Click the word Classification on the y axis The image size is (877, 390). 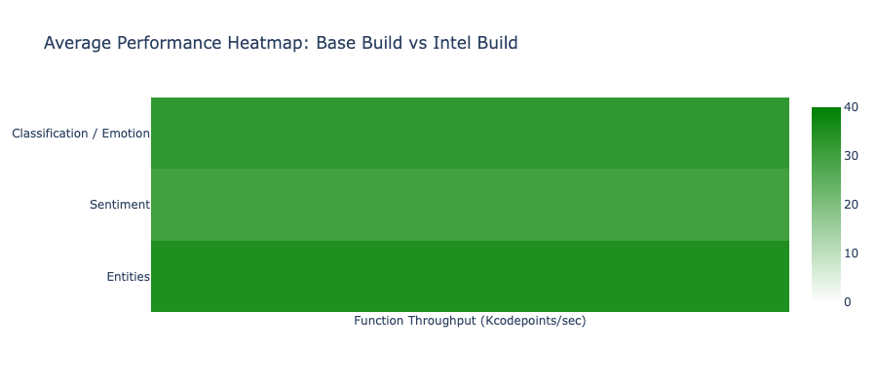(49, 133)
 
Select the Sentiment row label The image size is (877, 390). (119, 205)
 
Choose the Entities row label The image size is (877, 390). (128, 277)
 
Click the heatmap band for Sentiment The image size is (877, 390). (470, 205)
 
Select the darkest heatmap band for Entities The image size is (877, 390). (470, 277)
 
